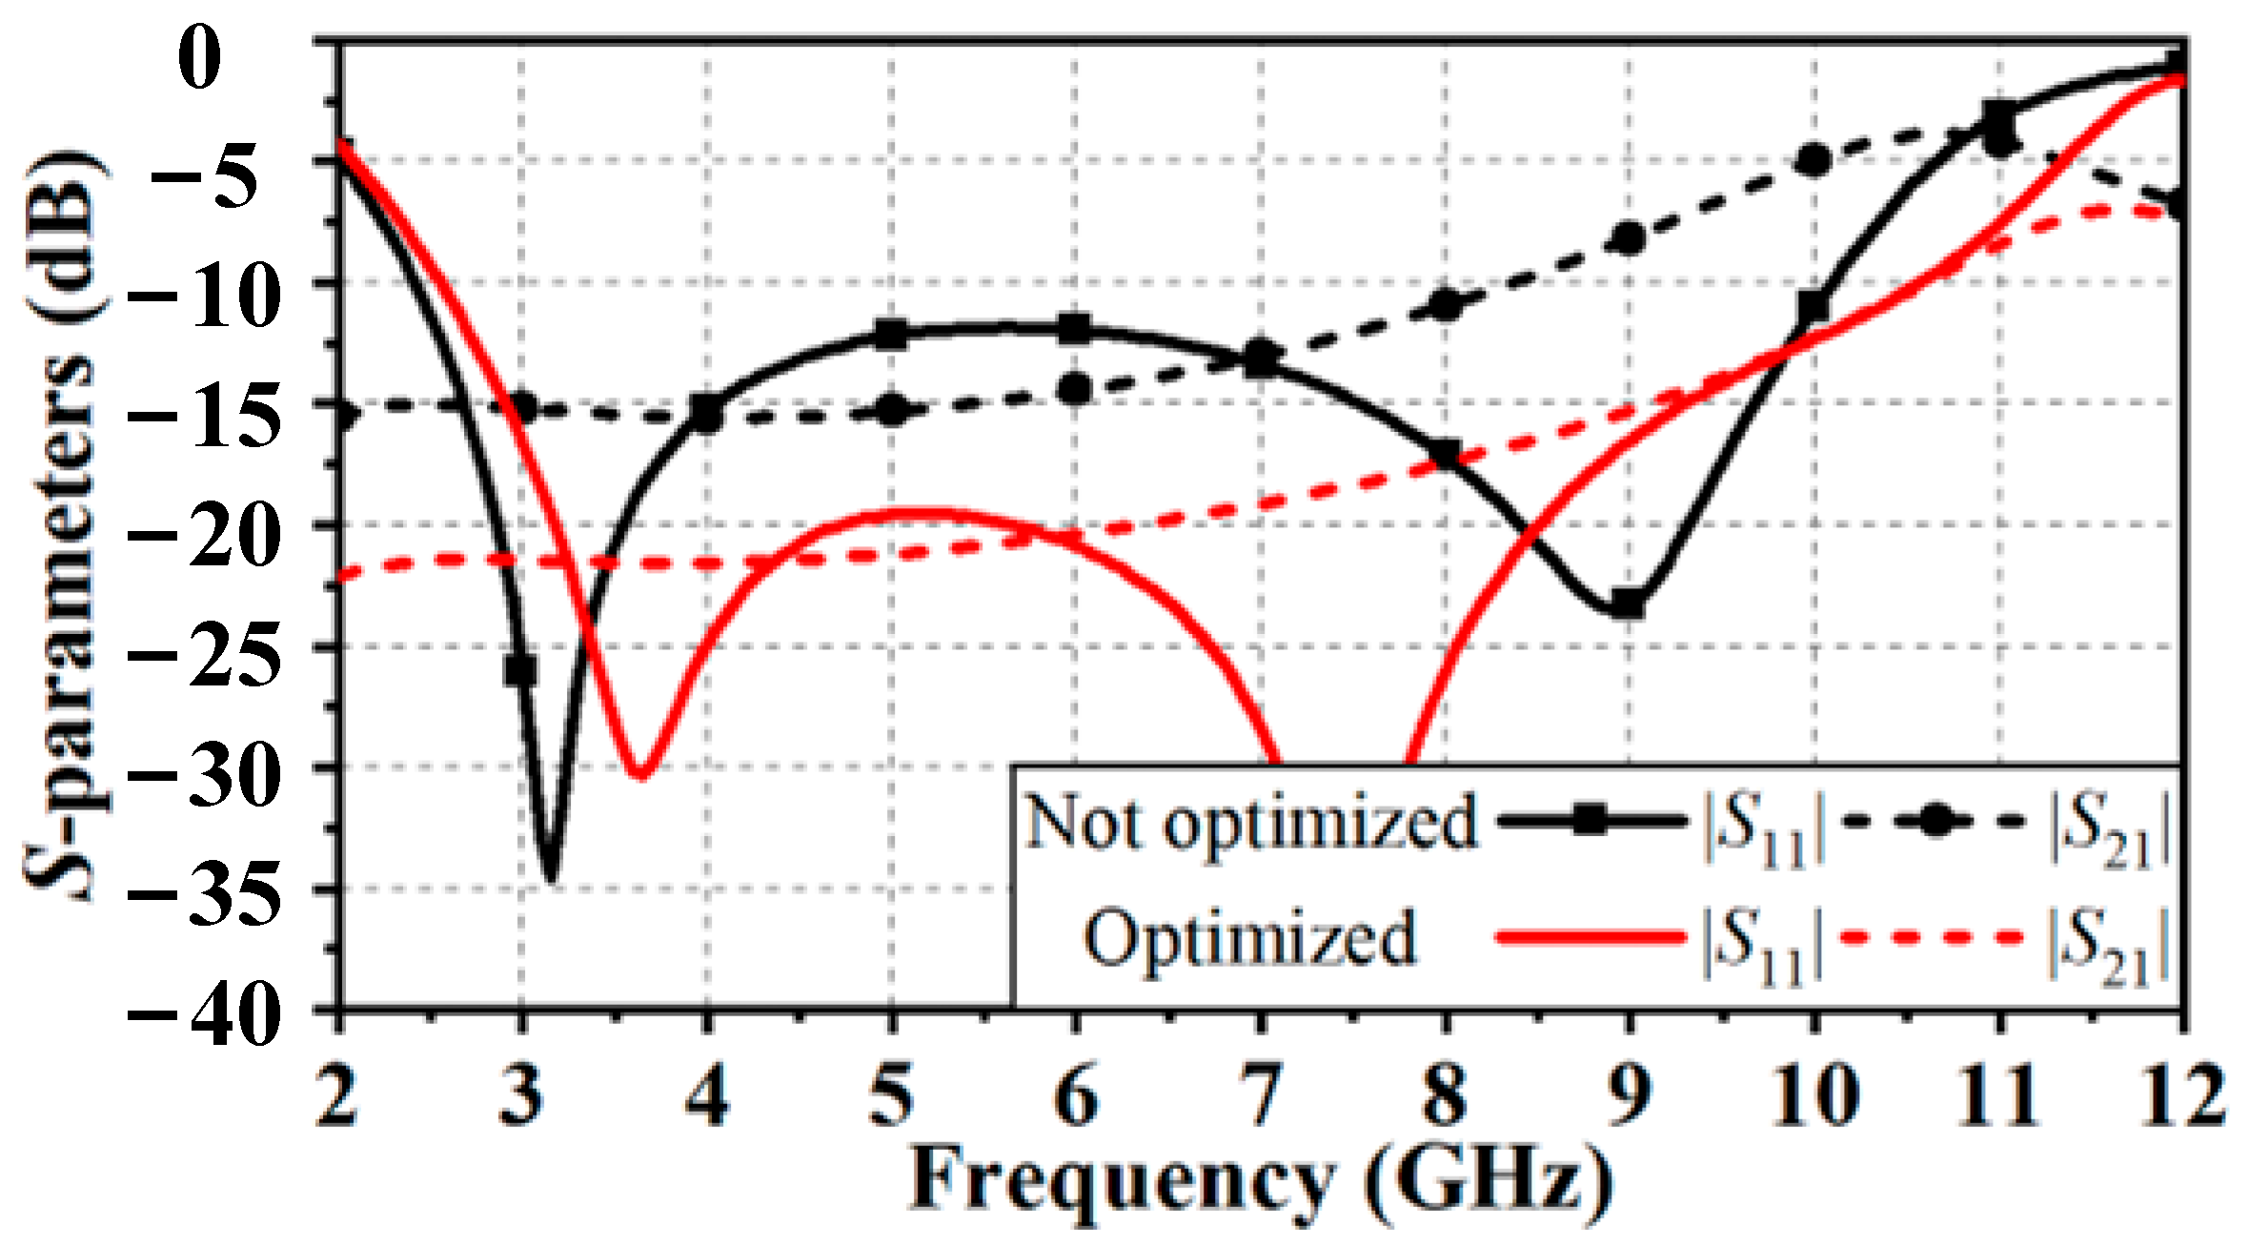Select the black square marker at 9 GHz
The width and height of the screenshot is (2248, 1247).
click(1629, 603)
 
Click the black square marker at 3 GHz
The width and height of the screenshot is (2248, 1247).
click(520, 670)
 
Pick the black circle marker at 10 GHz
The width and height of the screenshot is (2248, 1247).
click(1813, 160)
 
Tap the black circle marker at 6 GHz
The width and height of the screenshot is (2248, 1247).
click(1076, 388)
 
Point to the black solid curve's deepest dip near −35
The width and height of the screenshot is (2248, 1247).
click(551, 875)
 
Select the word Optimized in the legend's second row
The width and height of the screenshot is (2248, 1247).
click(1249, 938)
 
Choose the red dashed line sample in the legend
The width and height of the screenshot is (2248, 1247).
click(1934, 938)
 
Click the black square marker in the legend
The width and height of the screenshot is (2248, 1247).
click(1590, 821)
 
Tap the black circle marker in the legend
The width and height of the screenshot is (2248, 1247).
click(1934, 822)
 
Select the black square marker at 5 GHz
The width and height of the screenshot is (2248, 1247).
click(891, 335)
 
